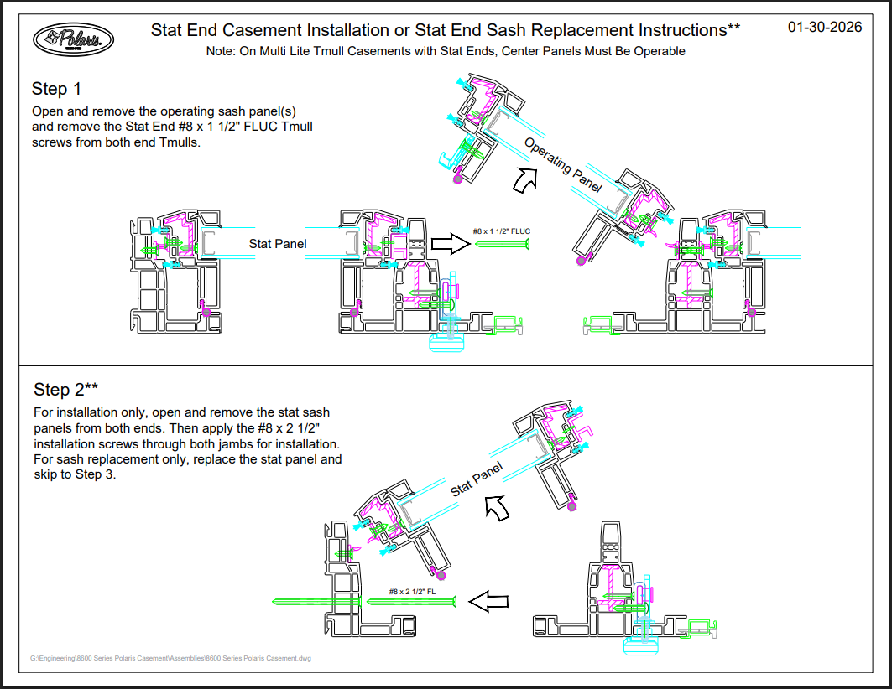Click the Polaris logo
tap(73, 39)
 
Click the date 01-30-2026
tap(825, 28)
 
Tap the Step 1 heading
tap(56, 89)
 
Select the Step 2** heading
tap(66, 390)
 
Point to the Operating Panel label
tap(563, 165)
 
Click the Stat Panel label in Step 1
tap(278, 244)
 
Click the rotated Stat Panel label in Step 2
tap(477, 479)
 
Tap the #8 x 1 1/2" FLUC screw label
tap(501, 231)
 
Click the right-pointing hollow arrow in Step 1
tap(450, 244)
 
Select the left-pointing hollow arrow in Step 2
tap(488, 601)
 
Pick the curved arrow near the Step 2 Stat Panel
tap(497, 506)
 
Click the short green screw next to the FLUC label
tap(501, 244)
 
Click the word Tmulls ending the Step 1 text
tap(180, 142)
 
